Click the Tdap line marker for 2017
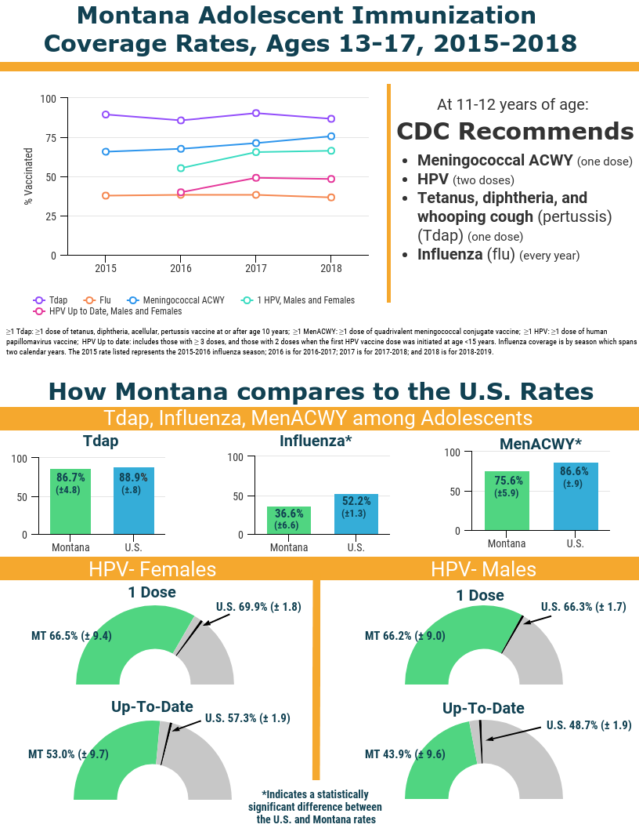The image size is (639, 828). point(256,113)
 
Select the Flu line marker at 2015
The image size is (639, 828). point(106,195)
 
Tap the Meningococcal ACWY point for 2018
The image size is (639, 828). point(331,136)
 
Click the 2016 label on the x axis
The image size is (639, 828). point(181,268)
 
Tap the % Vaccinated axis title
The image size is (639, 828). point(28,176)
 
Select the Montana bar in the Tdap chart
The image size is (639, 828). point(70,502)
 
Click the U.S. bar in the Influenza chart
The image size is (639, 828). point(356,514)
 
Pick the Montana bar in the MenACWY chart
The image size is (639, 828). point(507,501)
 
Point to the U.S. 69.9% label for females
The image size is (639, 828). point(258,606)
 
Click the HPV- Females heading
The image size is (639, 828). point(152,568)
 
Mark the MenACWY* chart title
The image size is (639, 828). point(540,444)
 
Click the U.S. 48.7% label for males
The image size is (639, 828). point(588,725)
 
